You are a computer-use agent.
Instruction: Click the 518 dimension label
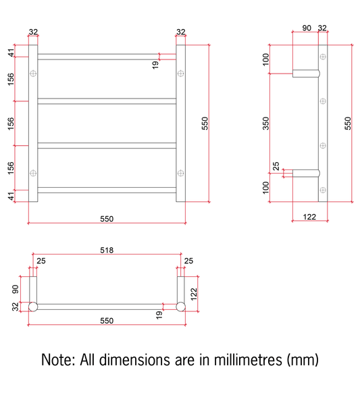107,250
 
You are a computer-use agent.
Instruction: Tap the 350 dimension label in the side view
265,124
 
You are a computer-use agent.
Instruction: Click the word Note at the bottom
58,360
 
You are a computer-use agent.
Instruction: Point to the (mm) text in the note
303,361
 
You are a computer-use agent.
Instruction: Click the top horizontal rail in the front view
107,57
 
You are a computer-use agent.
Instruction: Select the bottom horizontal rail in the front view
107,190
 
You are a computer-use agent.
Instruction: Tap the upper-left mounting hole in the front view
33,74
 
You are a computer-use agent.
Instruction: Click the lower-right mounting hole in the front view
180,173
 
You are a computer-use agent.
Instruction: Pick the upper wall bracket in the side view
306,74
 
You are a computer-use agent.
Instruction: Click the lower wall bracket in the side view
306,173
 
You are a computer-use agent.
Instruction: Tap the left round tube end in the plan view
33,307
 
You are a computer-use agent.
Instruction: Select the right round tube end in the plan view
180,307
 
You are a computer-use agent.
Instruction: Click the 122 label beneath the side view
309,217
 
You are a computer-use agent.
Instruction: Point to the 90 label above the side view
307,28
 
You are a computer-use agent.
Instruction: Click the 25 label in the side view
276,166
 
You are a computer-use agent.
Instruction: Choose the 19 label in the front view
155,65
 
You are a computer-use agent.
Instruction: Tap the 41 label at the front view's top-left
11,53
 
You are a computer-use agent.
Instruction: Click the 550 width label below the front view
107,219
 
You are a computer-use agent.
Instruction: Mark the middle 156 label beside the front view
11,124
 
